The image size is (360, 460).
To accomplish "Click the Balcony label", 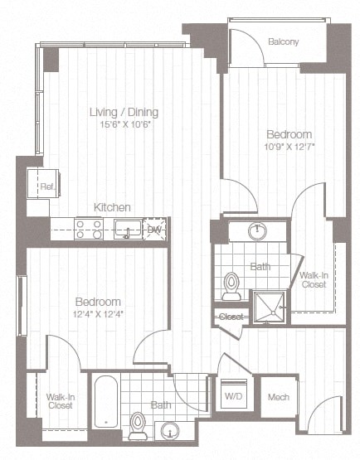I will point(284,41).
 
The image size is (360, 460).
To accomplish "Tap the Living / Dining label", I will point(124,112).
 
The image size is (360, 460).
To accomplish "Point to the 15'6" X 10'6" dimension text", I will point(124,124).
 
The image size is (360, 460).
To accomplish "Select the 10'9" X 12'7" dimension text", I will point(289,147).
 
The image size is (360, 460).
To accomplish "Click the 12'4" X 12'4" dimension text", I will point(98,314).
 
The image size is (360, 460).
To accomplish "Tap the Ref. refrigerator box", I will point(46,187).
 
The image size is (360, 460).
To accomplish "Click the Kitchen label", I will point(110,207).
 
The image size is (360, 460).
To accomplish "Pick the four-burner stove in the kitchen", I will point(89,228).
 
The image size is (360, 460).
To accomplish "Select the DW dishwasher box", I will point(154,230).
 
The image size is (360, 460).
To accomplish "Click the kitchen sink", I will point(128,229).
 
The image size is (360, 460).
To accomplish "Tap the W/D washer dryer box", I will point(233,397).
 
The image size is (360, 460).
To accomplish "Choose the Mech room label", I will point(278,397).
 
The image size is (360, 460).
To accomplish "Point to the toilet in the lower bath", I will point(138,424).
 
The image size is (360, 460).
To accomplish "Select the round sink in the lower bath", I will point(170,431).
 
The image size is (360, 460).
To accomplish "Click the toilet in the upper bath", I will point(231,286).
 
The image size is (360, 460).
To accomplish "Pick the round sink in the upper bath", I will point(258,231).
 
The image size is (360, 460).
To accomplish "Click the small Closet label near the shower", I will point(230,317).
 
